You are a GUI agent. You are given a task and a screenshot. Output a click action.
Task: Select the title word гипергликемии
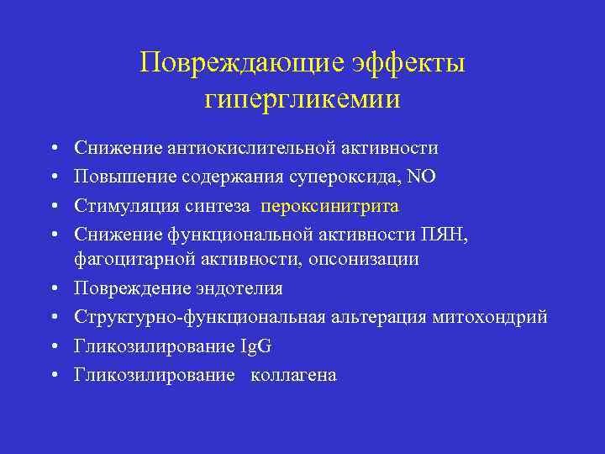pos(302,99)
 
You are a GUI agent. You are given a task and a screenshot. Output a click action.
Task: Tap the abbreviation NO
pos(423,177)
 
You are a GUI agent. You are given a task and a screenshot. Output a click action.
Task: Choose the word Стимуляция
pos(124,206)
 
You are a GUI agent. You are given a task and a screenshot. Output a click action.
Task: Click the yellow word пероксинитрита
pos(330,206)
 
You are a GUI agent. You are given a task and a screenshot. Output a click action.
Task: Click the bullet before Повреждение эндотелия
pos(53,289)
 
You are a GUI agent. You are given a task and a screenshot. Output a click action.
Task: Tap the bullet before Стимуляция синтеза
pos(53,207)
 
